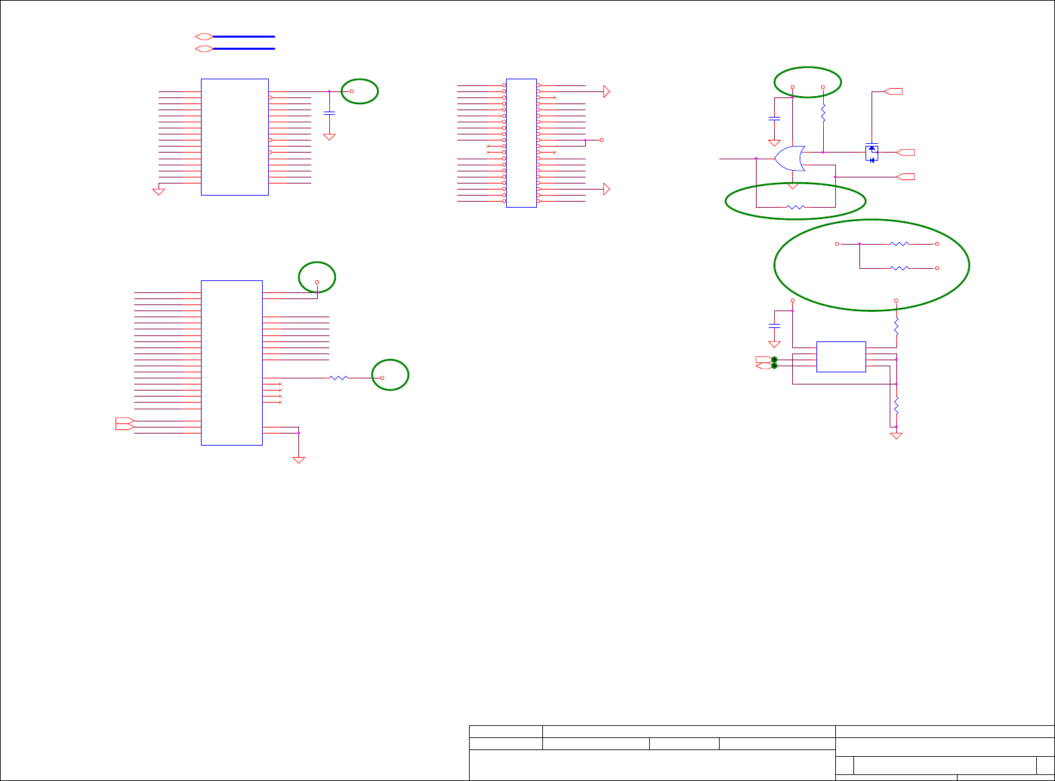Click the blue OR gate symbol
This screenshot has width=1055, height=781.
click(790, 159)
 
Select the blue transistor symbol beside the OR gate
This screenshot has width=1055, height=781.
click(872, 153)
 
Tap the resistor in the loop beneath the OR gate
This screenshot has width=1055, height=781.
click(795, 207)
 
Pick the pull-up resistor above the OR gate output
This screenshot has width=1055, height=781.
click(823, 113)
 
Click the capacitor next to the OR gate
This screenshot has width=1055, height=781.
click(774, 118)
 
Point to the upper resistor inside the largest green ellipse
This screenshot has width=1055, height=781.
click(899, 244)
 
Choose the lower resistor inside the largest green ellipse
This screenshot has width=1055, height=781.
click(899, 268)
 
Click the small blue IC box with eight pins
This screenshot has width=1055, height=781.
click(841, 356)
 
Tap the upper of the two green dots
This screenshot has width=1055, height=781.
click(774, 360)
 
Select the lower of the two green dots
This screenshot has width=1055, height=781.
click(774, 366)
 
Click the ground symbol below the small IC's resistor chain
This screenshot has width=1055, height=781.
click(896, 436)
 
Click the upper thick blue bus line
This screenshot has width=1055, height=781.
click(243, 36)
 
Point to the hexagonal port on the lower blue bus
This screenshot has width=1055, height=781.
click(204, 48)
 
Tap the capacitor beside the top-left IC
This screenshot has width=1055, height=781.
click(329, 113)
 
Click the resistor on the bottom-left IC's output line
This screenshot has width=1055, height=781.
click(339, 378)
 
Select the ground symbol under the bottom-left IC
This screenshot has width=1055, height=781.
click(299, 460)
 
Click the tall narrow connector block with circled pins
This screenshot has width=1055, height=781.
click(521, 142)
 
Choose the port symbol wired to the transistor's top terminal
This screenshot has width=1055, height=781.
click(894, 91)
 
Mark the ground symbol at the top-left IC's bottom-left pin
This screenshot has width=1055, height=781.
click(159, 192)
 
